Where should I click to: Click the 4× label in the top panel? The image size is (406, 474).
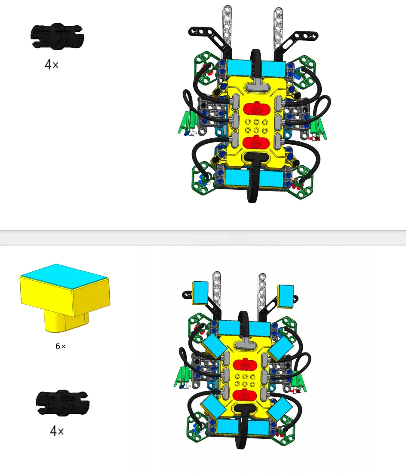52,64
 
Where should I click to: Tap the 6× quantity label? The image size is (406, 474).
61,346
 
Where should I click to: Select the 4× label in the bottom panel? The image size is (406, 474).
57,431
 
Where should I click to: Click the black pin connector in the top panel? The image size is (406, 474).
57,36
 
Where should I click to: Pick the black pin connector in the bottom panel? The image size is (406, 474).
63,403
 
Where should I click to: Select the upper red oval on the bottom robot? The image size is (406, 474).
245,365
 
